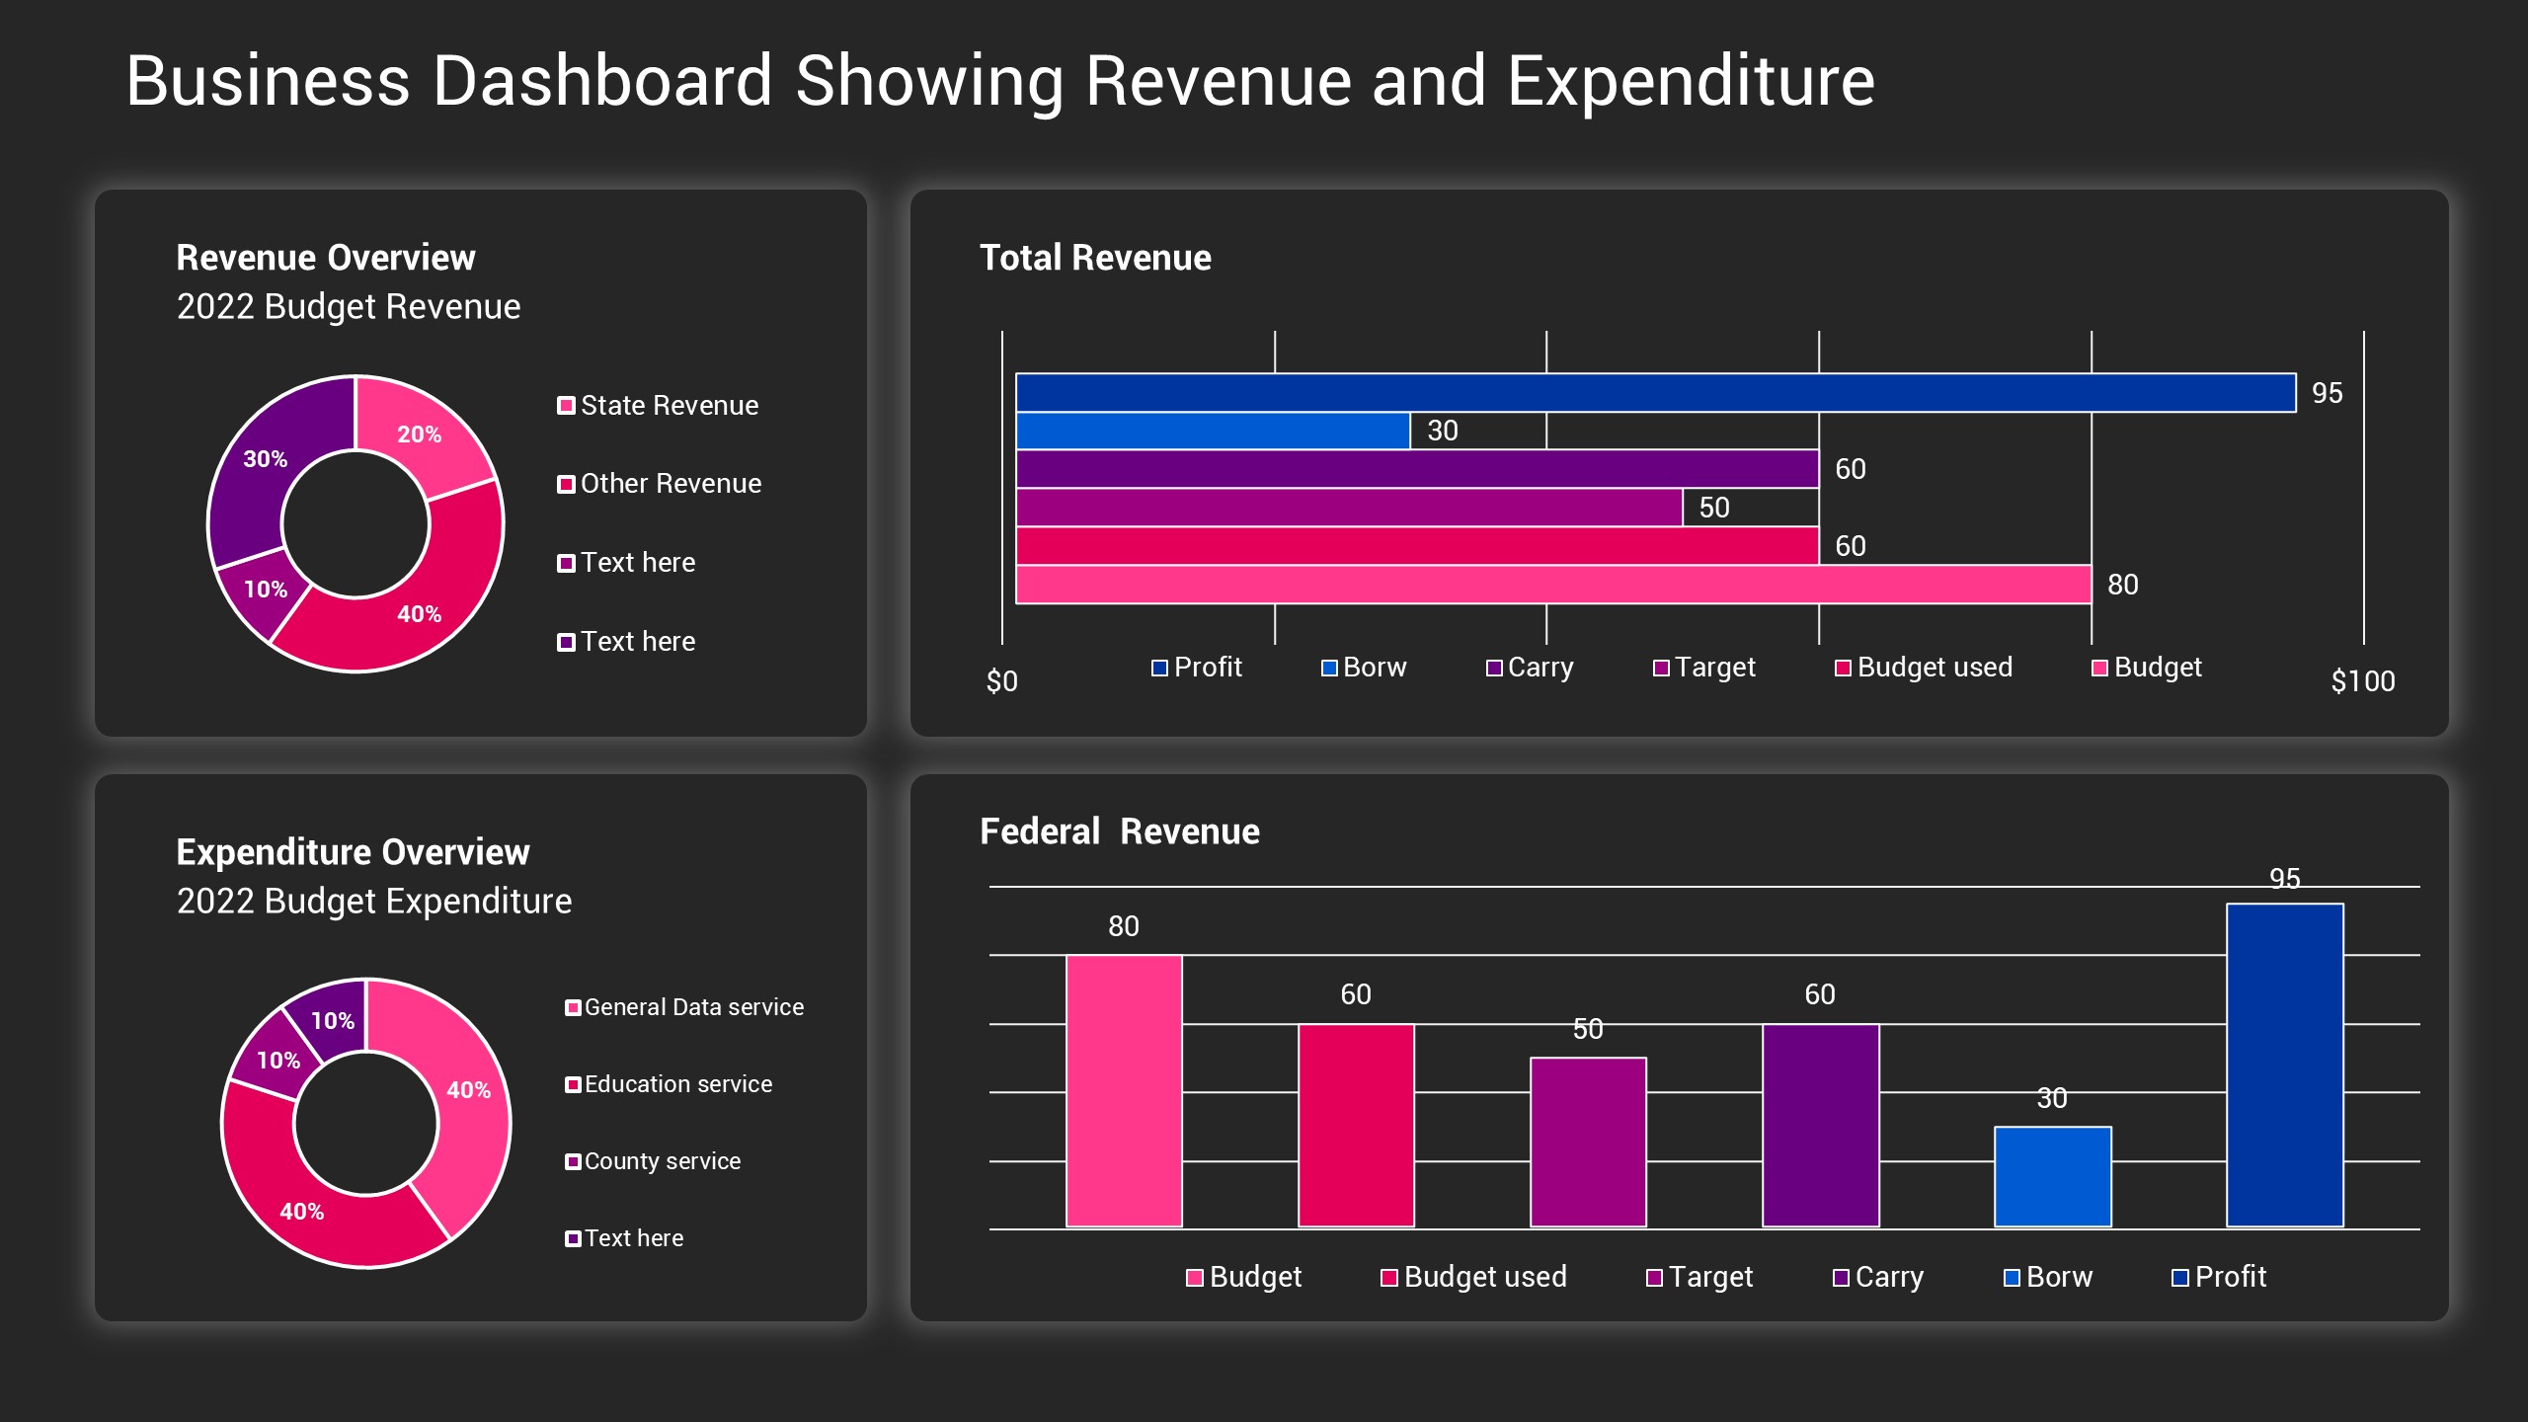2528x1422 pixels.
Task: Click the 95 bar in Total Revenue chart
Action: pos(1655,392)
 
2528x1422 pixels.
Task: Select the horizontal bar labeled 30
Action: pos(1213,431)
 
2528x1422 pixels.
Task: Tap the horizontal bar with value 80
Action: pos(1552,585)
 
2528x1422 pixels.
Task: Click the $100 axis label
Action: pos(2362,681)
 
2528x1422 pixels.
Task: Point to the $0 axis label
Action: pos(1001,681)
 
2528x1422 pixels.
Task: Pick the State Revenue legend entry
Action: pos(659,406)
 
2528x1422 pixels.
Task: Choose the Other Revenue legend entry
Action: pos(660,484)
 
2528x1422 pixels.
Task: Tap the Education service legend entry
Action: pos(669,1084)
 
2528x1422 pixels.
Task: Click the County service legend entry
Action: pos(653,1161)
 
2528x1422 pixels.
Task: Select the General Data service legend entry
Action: pos(684,1007)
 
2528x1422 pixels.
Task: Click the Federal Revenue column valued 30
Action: pos(2052,1177)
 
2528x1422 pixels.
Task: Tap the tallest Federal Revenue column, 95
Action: pos(2284,1065)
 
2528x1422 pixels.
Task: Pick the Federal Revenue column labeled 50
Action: pos(1588,1143)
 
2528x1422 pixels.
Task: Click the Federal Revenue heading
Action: pos(1119,831)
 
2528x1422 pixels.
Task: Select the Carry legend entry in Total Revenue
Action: pos(1530,668)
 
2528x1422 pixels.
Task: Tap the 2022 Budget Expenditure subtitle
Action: pos(373,902)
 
